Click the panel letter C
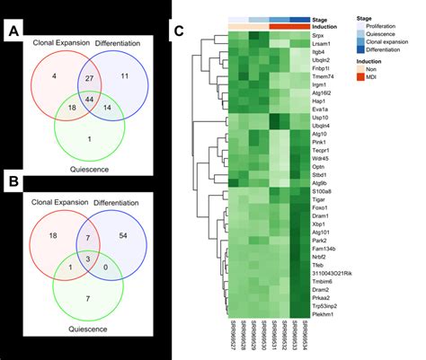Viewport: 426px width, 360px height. (180, 30)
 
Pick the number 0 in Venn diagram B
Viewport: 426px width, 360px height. (106, 267)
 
